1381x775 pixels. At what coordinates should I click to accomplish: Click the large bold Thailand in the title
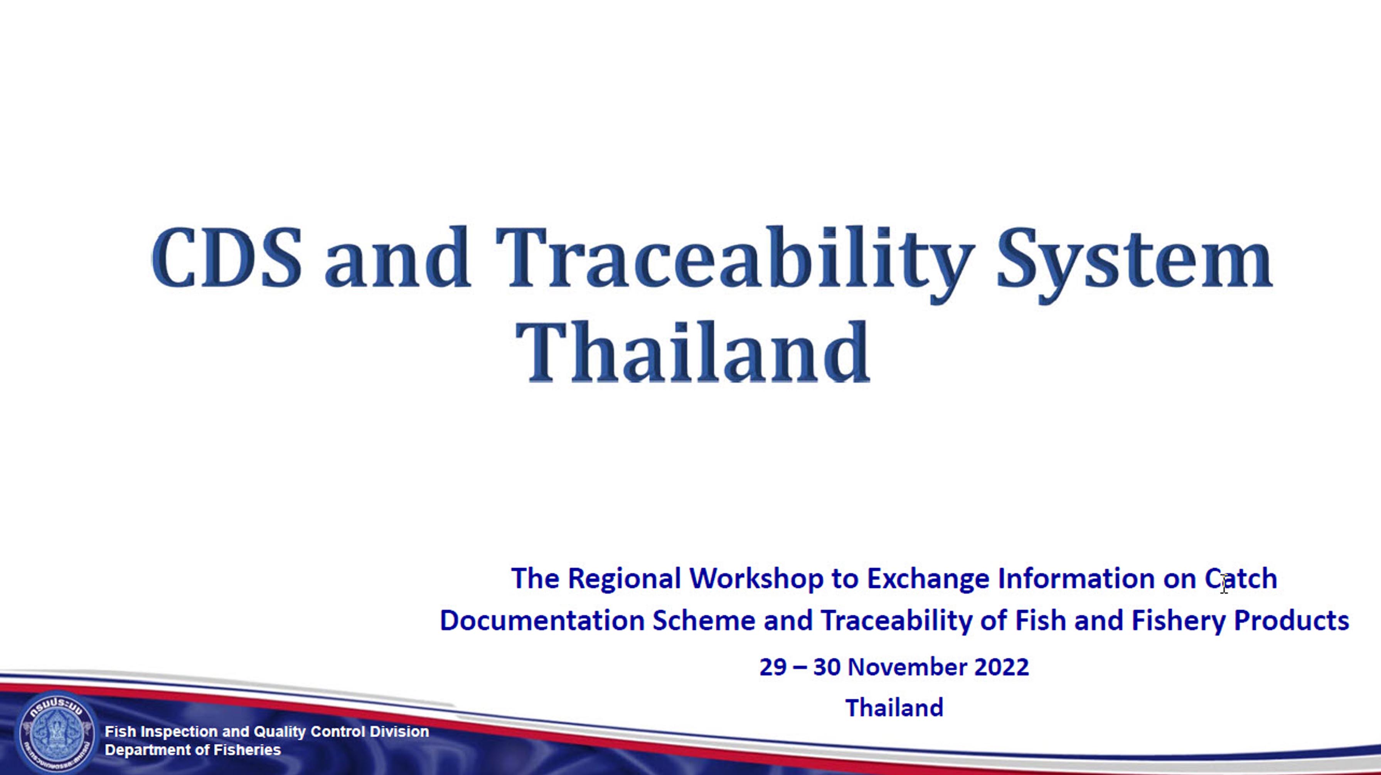tap(693, 352)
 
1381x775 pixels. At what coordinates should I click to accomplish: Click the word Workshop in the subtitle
tap(756, 579)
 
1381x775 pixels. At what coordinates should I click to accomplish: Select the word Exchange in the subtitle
tap(928, 579)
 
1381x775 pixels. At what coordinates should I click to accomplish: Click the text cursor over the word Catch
tap(1224, 583)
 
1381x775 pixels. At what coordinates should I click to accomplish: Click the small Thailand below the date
tap(894, 708)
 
